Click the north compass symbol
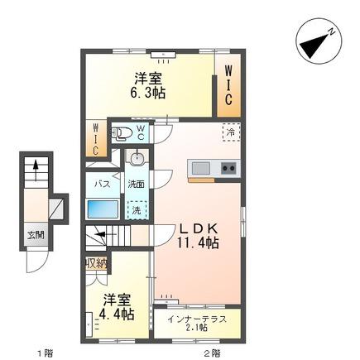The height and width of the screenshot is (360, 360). point(319,41)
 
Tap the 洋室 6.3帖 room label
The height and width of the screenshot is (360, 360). point(147,85)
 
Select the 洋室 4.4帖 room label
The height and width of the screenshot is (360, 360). point(117,307)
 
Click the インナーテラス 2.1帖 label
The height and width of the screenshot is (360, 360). point(197,323)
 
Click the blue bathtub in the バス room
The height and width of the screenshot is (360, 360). point(103,209)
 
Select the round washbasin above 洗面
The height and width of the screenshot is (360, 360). point(137,158)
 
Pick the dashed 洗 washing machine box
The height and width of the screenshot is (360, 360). point(137,210)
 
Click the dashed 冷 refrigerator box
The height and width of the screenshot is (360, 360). point(232,132)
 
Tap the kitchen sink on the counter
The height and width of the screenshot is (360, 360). point(201,168)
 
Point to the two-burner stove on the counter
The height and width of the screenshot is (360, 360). point(228,168)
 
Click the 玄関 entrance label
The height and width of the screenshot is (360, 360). point(36,236)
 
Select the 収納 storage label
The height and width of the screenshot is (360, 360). point(96,263)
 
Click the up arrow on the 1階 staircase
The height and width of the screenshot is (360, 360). point(36,170)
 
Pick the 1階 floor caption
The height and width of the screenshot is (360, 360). point(45,353)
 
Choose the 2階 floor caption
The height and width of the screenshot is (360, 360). point(212,353)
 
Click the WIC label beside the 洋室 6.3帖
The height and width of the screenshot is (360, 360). point(228,85)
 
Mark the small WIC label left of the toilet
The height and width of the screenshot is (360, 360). point(96,140)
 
